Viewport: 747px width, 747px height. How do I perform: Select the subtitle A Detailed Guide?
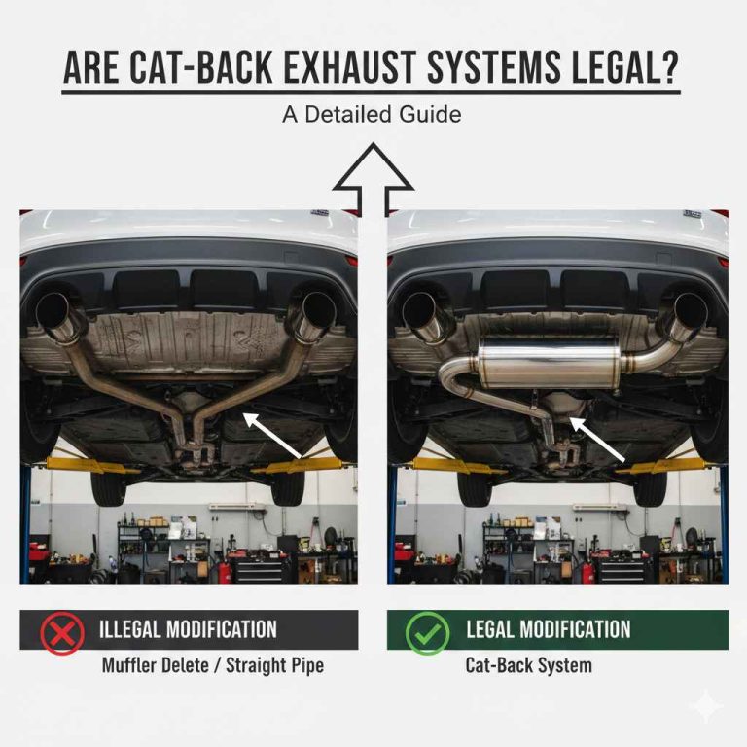point(372,114)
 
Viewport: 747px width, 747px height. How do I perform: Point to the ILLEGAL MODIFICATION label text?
point(188,629)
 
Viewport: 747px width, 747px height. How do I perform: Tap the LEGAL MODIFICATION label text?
point(548,629)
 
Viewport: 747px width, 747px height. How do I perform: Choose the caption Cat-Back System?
point(528,666)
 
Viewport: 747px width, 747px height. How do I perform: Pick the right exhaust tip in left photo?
point(313,313)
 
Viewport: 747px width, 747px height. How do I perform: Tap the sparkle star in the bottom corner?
point(705,707)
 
